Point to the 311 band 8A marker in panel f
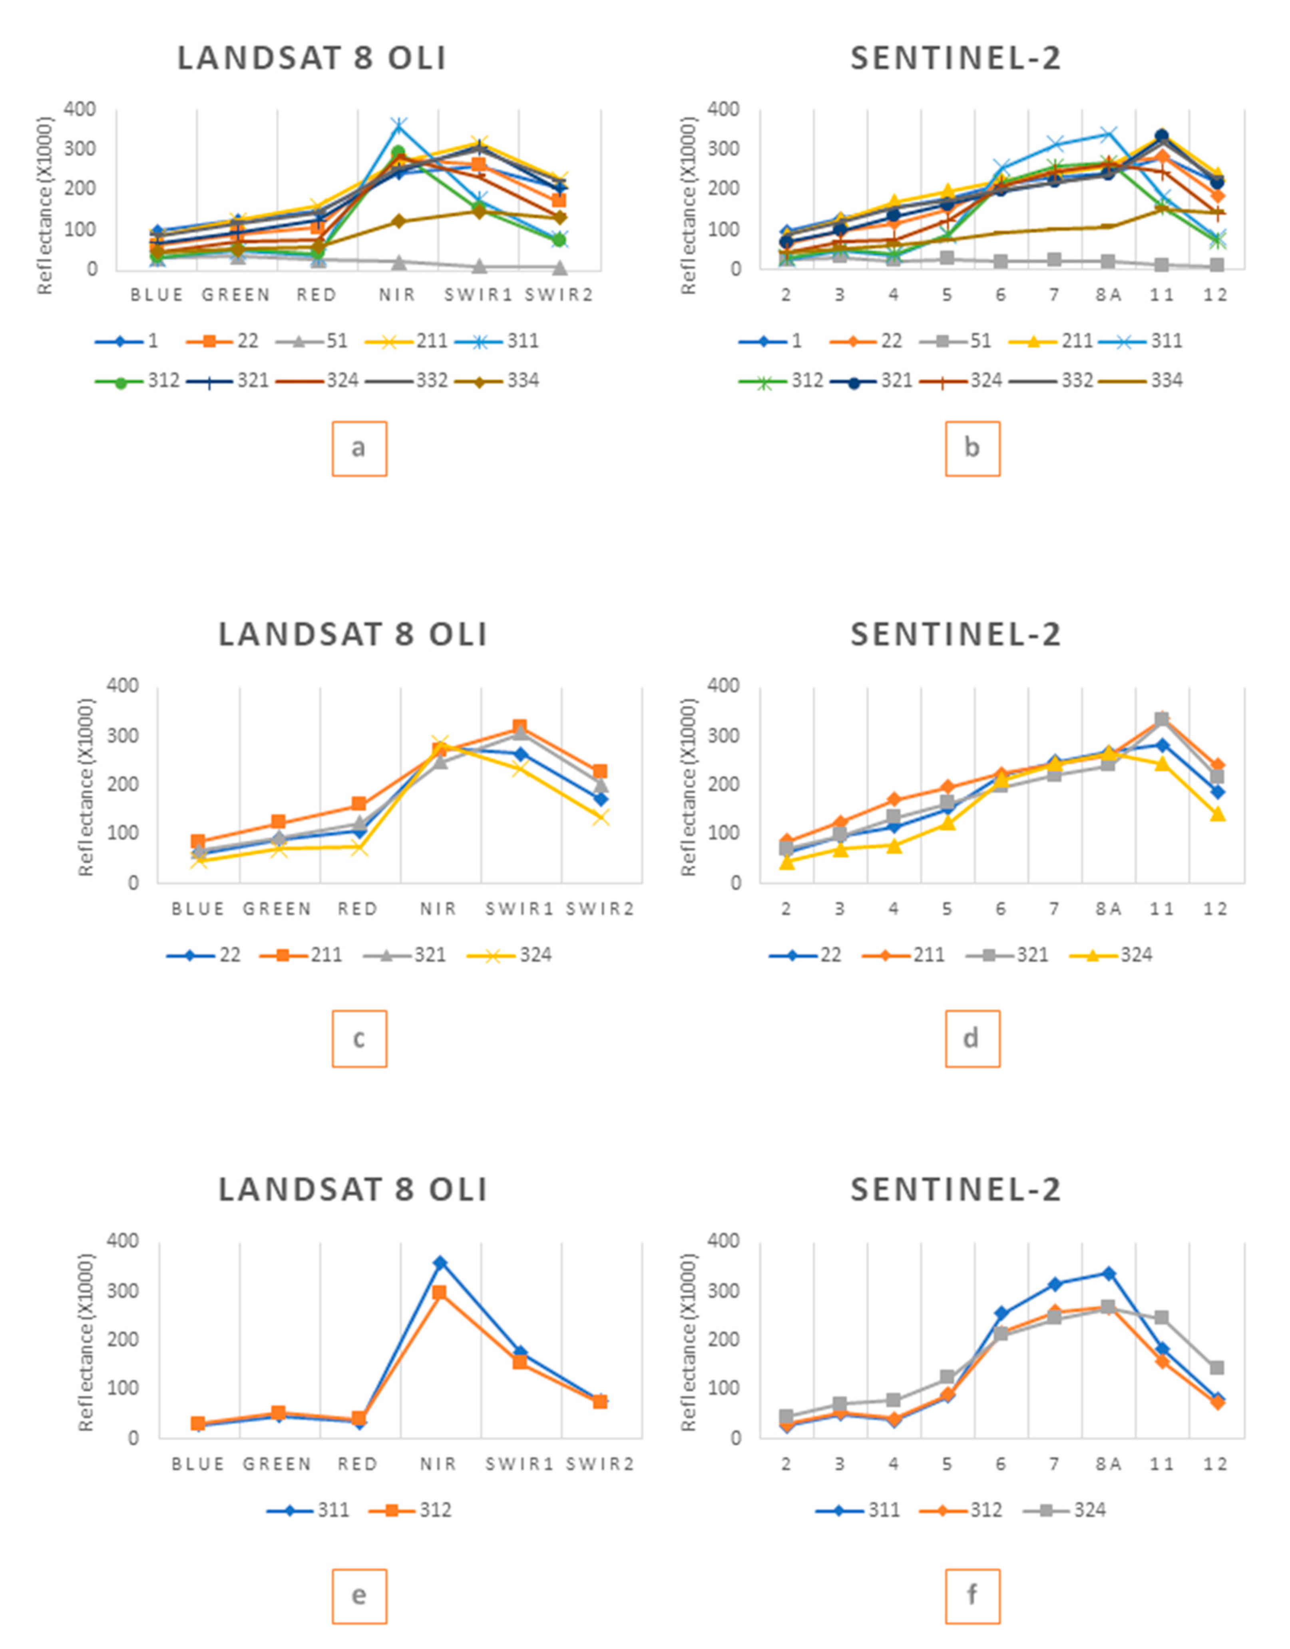1108,1273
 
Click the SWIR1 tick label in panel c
520,909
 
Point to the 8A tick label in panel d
1108,909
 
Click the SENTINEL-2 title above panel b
956,59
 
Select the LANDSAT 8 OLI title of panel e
353,1190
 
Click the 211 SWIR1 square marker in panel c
520,726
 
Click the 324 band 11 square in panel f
1162,1317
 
